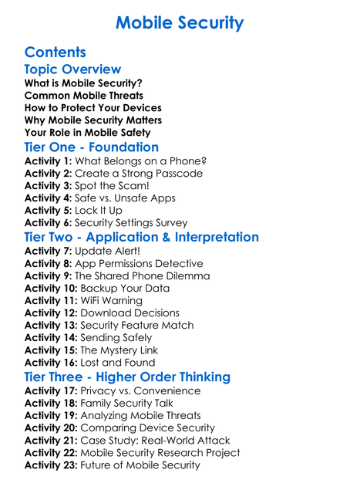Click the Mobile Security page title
(180, 22)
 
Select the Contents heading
(55, 52)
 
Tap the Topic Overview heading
(72, 69)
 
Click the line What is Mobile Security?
(83, 83)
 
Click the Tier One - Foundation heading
(92, 147)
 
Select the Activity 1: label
(48, 161)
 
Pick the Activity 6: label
(48, 223)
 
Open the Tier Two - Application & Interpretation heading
(142, 237)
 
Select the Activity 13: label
(51, 326)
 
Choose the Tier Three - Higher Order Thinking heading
(127, 377)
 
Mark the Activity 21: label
(51, 441)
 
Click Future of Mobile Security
(140, 465)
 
